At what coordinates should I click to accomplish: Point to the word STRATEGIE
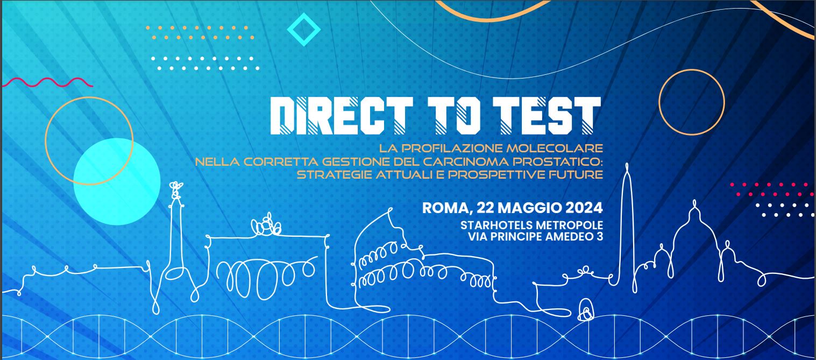[335, 174]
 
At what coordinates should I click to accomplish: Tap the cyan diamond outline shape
[304, 30]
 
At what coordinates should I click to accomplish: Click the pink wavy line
[47, 82]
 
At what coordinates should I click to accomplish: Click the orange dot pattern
[200, 32]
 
